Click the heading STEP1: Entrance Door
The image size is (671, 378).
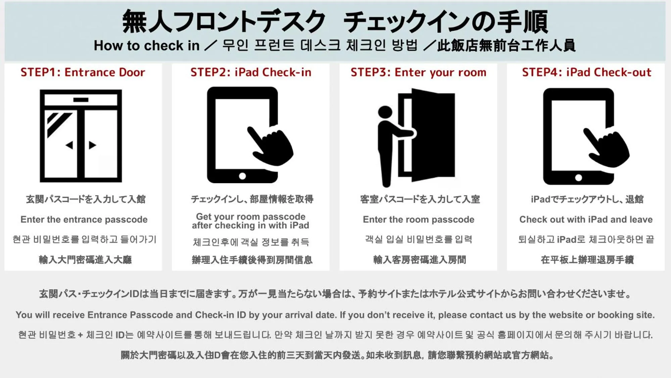(x=83, y=72)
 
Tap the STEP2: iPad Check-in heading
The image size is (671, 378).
(x=251, y=72)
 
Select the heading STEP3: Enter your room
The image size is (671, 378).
(x=418, y=72)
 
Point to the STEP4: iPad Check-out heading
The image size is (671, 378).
(x=586, y=72)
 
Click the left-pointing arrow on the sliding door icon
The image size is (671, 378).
(x=69, y=145)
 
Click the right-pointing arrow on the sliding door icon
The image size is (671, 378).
(x=92, y=145)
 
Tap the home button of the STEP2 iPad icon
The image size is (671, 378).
(x=242, y=176)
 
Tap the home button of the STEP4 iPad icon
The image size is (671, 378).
(x=578, y=177)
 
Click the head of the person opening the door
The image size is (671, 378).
(x=385, y=112)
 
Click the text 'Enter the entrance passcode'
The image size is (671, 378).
(x=84, y=219)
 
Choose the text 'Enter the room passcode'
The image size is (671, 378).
(x=419, y=219)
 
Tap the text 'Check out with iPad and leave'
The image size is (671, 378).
(x=586, y=219)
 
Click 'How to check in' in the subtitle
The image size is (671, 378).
(x=147, y=46)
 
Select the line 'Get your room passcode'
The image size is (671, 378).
(x=251, y=216)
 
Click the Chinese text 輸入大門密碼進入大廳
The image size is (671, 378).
(x=85, y=260)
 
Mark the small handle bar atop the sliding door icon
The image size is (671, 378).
(x=81, y=100)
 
